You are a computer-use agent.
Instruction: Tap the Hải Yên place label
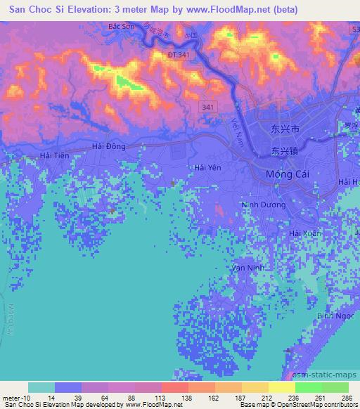207,167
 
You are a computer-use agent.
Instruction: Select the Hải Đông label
108,146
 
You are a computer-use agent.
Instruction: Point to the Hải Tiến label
56,155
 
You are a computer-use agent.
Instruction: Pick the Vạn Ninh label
247,268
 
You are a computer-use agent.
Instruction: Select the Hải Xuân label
304,232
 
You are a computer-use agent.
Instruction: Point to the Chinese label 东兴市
285,130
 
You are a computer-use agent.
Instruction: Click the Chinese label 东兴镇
285,150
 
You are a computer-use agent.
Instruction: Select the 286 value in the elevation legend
346,397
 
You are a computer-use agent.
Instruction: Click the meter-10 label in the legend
13,397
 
